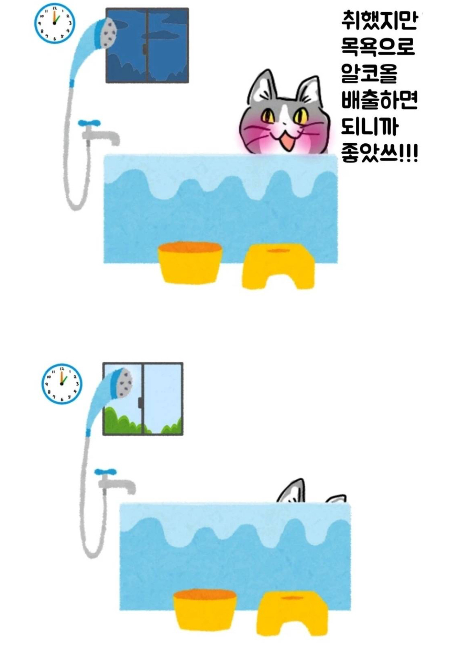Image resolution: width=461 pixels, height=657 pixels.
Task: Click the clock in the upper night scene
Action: pos(54,23)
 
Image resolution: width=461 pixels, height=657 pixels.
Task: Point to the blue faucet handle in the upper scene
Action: pos(89,123)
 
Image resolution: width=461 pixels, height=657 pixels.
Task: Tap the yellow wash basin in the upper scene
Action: pos(190,262)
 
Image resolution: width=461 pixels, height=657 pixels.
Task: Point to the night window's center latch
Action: pos(145,49)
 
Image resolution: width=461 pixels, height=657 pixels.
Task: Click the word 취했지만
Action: pos(379,21)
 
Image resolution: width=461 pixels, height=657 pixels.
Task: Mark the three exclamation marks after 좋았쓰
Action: pos(409,154)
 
